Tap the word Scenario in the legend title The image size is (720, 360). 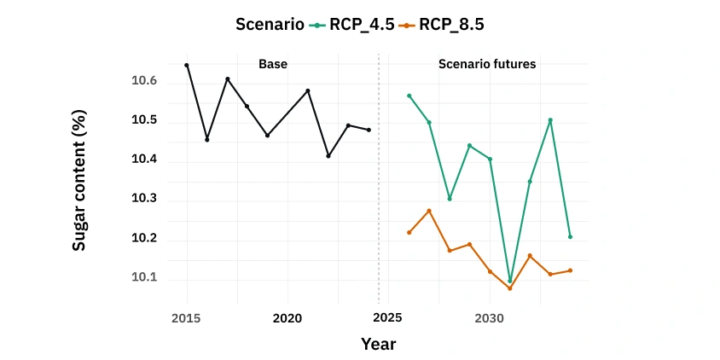270,25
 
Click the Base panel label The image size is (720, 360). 273,64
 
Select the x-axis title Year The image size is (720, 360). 378,344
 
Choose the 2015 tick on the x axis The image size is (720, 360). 186,317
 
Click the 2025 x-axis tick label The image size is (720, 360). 388,317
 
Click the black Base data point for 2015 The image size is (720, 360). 187,65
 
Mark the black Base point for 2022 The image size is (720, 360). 328,156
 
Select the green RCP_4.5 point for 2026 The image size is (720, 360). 409,96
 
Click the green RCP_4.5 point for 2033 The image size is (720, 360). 550,120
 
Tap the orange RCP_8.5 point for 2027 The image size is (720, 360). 429,211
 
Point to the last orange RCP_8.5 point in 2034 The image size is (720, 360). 570,270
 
